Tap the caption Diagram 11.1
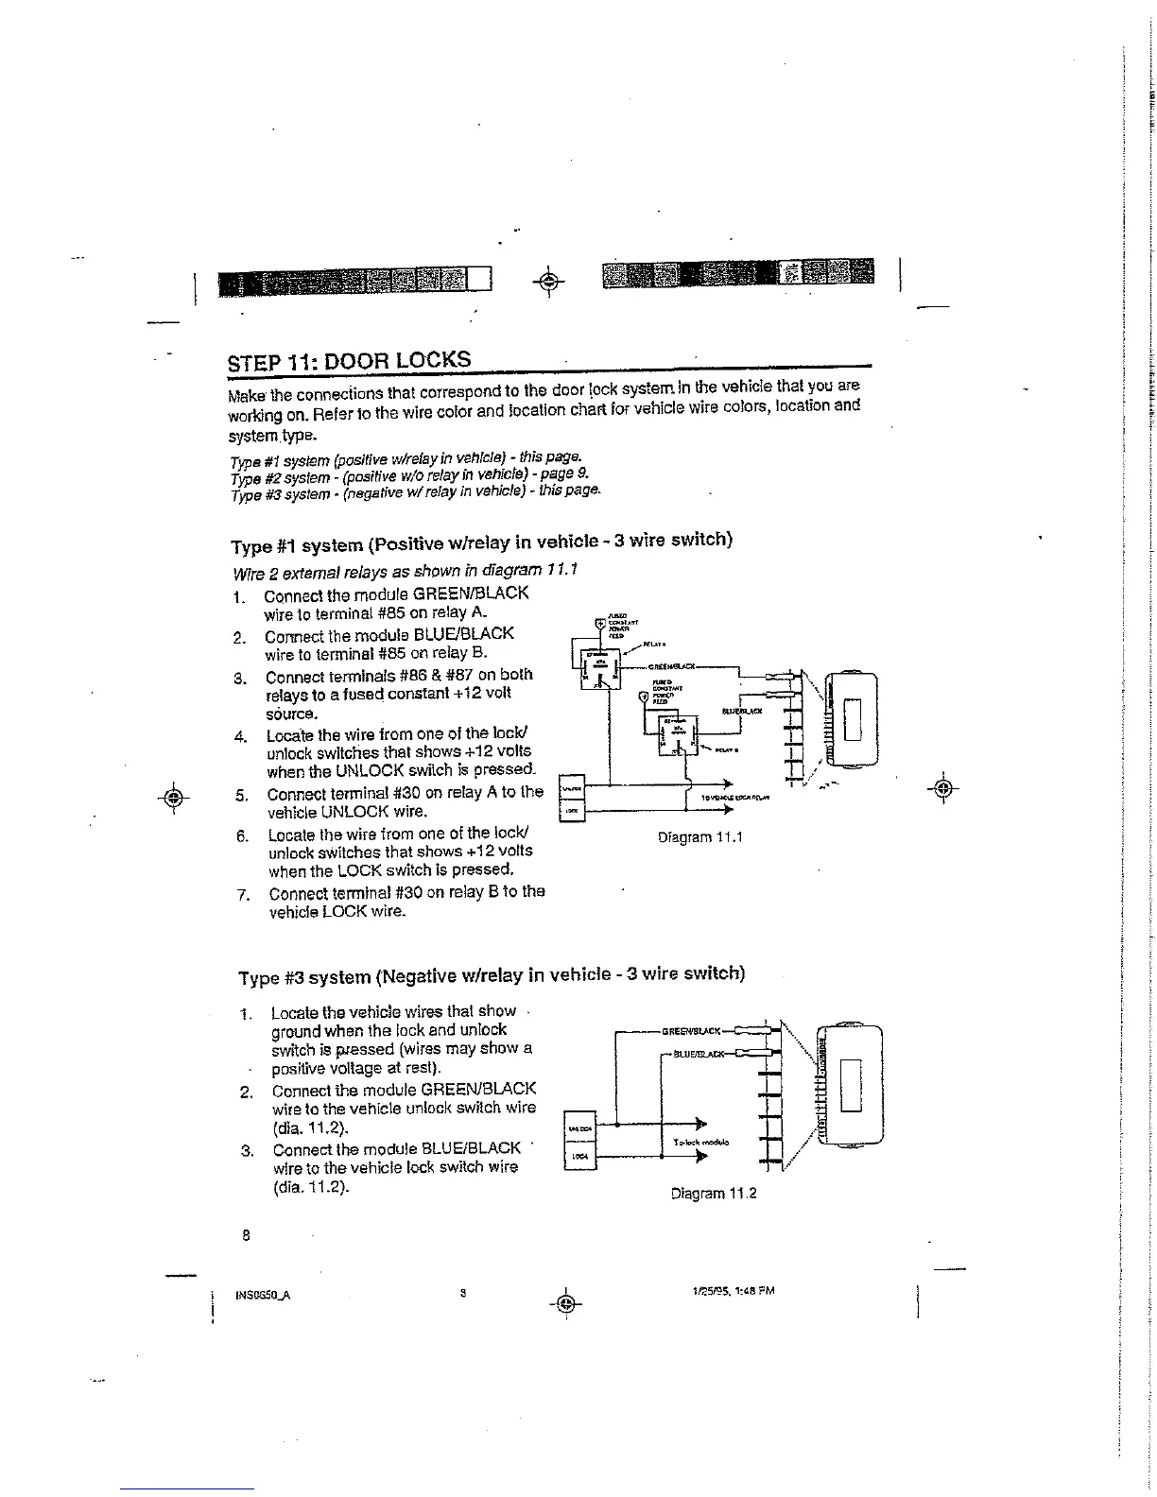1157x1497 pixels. click(x=700, y=837)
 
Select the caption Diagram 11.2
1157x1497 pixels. click(x=714, y=1194)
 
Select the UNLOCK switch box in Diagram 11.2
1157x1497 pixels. click(x=578, y=1128)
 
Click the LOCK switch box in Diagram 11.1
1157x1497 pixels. click(x=572, y=811)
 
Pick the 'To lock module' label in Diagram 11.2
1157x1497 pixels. click(x=699, y=1142)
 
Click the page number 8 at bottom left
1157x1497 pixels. click(x=246, y=1234)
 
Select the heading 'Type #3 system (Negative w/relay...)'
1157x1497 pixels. click(x=492, y=973)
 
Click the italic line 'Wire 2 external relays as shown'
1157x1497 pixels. click(x=405, y=571)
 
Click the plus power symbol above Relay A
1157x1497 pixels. click(x=599, y=624)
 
